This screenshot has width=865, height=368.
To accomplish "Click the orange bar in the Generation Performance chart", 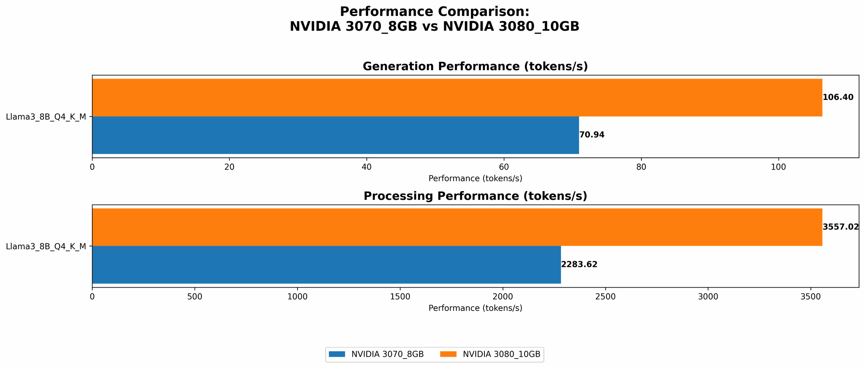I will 457,97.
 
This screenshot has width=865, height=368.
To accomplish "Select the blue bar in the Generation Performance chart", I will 335,135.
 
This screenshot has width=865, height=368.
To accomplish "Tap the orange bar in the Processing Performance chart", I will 457,227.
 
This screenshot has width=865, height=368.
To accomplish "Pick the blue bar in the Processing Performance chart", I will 326,265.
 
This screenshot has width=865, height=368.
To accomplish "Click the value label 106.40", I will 838,97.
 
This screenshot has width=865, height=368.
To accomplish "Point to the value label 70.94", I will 592,135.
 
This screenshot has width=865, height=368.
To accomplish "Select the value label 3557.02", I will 840,227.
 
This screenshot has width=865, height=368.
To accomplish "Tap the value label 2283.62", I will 579,265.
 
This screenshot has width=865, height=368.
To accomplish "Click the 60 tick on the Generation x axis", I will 504,167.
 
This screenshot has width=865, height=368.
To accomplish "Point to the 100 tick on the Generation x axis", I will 778,167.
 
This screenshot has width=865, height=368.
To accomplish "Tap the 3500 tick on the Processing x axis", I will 811,297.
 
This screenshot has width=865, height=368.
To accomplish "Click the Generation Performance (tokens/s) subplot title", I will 475,67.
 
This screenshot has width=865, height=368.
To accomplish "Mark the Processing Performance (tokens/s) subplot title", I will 475,196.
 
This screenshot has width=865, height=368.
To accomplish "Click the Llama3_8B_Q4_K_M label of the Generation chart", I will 46,117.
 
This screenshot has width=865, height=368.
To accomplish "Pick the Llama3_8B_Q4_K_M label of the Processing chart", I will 46,246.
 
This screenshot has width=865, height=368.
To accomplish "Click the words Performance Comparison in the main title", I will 434,12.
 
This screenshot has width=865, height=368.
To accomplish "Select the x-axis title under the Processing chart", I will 475,308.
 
